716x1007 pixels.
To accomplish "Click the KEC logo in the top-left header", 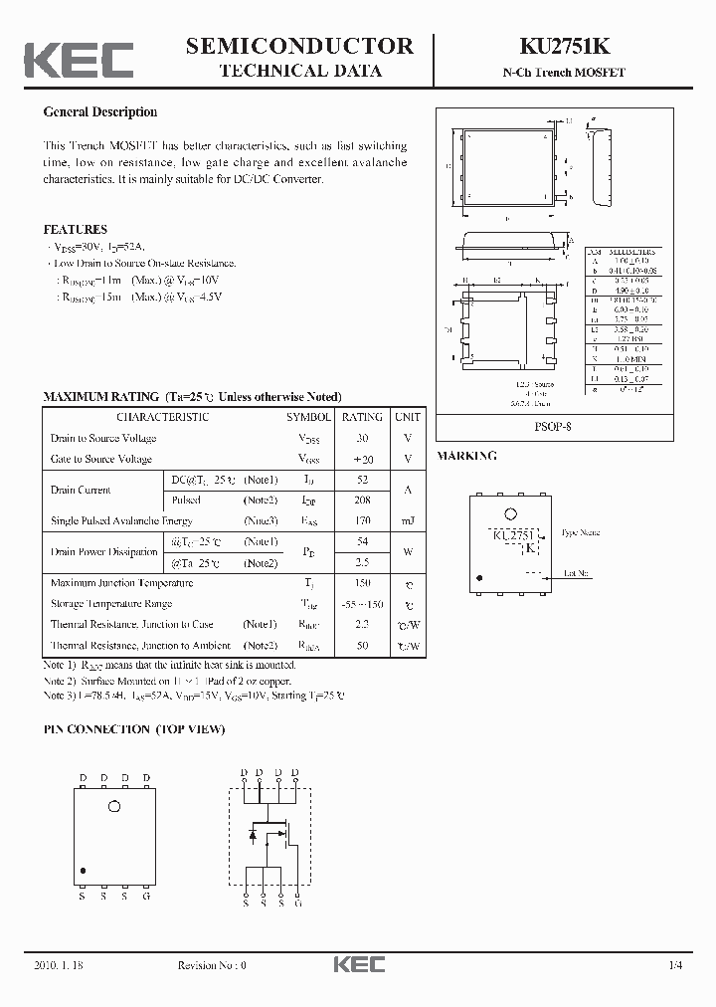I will coord(79,60).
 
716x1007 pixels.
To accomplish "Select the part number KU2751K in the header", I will coord(576,46).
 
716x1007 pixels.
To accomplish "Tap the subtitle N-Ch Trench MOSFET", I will coord(576,73).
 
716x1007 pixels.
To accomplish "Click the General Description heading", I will coord(99,112).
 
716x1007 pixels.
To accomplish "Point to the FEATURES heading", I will coord(75,229).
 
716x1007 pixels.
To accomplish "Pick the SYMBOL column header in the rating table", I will coord(309,417).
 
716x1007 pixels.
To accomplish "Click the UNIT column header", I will coord(407,417).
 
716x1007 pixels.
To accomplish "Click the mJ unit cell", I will coord(407,521).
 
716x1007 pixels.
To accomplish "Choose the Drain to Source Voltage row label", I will coord(102,438).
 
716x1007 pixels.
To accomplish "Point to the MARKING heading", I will coord(466,456).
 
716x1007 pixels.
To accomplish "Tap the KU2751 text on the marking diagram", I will coord(514,535).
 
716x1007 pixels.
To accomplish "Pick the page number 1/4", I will coord(676,965).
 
